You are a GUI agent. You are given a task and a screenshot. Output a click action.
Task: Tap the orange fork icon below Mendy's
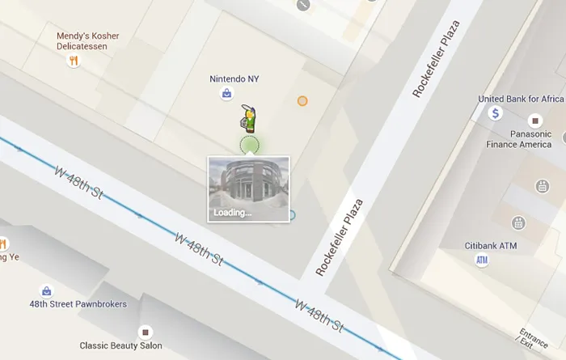[74, 60]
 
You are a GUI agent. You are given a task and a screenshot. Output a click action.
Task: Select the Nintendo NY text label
[234, 79]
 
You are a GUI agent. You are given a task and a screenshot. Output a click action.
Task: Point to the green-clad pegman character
[249, 120]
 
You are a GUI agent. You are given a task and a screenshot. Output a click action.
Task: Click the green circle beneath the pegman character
[249, 146]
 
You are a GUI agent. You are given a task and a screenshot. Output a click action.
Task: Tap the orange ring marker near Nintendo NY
[302, 101]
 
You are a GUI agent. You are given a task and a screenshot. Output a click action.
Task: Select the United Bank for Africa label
[521, 100]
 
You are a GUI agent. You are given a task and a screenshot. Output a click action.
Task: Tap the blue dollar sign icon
[496, 114]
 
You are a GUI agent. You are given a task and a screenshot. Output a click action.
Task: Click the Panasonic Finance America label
[518, 139]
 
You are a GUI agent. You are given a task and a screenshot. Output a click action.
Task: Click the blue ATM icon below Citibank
[482, 260]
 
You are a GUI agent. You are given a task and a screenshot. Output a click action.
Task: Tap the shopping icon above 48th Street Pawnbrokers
[46, 290]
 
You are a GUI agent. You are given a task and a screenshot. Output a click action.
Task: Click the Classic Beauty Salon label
[120, 346]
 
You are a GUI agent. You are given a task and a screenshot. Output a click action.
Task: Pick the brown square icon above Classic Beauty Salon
[145, 332]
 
